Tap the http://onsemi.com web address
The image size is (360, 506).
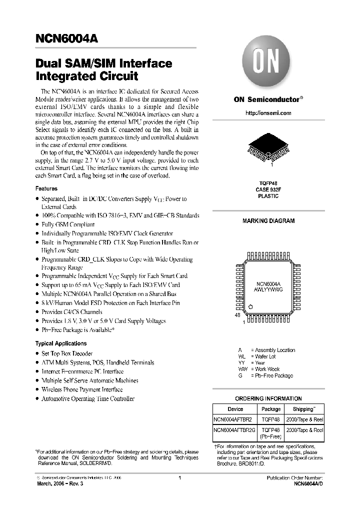(x=268, y=113)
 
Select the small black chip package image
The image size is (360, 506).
(x=268, y=147)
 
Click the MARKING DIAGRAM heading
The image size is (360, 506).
(x=268, y=220)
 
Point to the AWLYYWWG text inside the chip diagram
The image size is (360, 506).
(x=268, y=289)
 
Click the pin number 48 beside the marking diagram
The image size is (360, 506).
(x=237, y=316)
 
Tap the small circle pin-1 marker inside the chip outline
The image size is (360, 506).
(x=251, y=306)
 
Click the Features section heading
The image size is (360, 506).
(x=46, y=188)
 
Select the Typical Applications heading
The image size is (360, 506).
(x=61, y=343)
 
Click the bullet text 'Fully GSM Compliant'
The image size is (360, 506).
(x=68, y=224)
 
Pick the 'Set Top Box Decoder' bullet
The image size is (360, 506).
(x=67, y=353)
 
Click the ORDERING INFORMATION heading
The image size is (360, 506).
(x=268, y=398)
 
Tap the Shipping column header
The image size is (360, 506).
(x=303, y=409)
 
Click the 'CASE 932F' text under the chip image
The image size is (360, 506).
(x=268, y=190)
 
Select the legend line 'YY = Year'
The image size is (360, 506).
(x=252, y=363)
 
